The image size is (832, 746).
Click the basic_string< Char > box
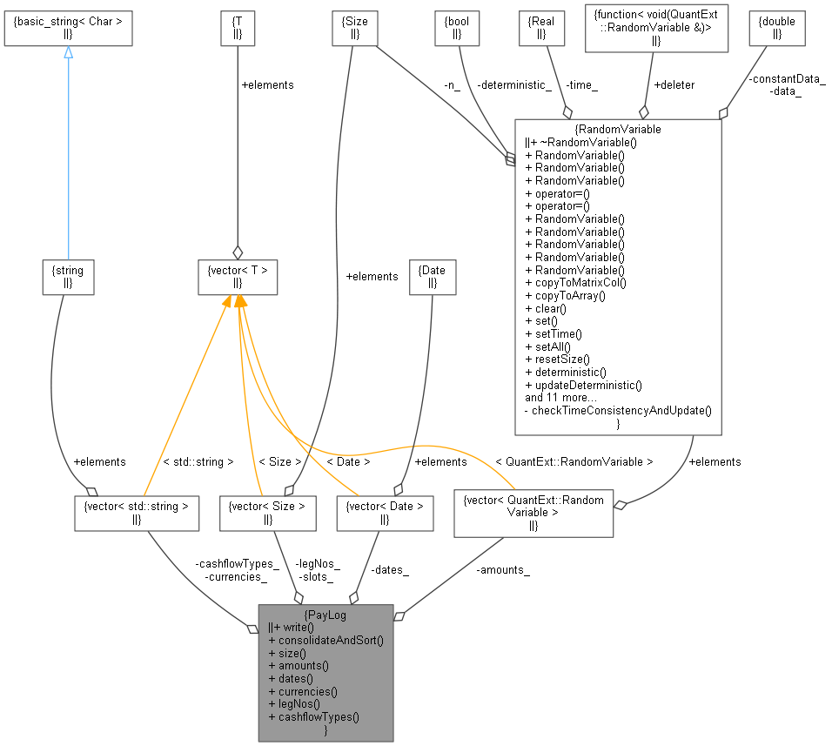coord(68,29)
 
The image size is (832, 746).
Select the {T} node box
coord(238,29)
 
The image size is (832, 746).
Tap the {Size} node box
coord(352,29)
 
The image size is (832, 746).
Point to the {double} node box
coord(777,29)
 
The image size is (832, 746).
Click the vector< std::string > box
coord(138,513)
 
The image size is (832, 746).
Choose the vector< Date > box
coord(385,513)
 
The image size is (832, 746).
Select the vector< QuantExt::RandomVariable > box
coord(533,512)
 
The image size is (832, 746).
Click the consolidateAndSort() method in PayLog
coord(325,639)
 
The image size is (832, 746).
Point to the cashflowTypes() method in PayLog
coord(313,717)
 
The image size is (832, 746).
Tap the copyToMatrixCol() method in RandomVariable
coord(575,282)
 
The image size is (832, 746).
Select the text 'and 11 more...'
coord(560,397)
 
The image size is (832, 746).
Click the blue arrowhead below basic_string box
coord(68,52)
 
